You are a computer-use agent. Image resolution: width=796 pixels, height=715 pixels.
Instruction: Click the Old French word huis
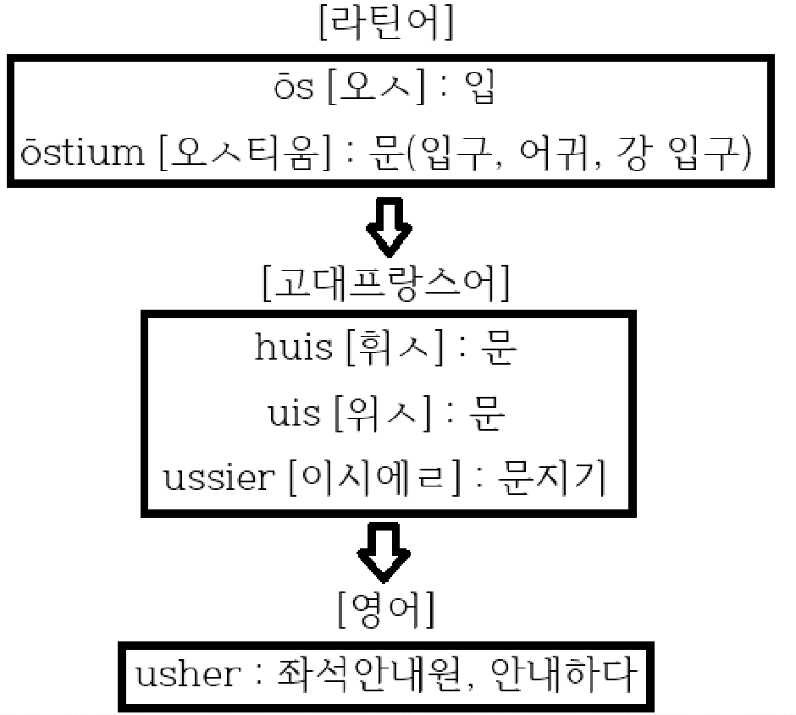[293, 349]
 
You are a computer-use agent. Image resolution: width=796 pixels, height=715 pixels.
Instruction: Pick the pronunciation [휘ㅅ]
[394, 349]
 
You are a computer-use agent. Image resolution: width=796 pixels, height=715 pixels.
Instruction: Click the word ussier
[218, 478]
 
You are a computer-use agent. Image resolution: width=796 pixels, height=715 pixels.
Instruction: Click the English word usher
[189, 674]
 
